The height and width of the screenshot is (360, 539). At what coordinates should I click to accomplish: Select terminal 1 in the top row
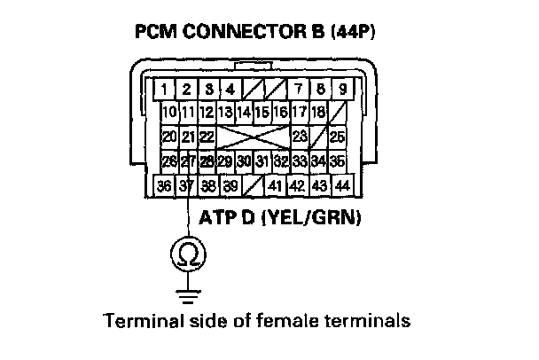click(x=166, y=89)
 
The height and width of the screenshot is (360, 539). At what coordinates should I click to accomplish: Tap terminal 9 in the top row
click(x=342, y=89)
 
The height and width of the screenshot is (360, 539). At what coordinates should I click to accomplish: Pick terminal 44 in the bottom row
click(x=343, y=187)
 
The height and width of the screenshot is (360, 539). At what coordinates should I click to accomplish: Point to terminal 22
click(x=207, y=137)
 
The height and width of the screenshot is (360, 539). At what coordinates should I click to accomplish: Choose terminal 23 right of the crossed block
click(x=300, y=137)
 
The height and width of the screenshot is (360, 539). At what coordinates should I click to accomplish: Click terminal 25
click(x=337, y=137)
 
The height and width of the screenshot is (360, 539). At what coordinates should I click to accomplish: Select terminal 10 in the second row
click(x=169, y=113)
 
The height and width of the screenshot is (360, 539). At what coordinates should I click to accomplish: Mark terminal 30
click(x=243, y=161)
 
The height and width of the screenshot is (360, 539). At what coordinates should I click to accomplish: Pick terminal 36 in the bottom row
click(x=164, y=187)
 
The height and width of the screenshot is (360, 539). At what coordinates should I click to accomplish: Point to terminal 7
click(x=299, y=89)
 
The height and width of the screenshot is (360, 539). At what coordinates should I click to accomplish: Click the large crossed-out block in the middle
click(x=253, y=137)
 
